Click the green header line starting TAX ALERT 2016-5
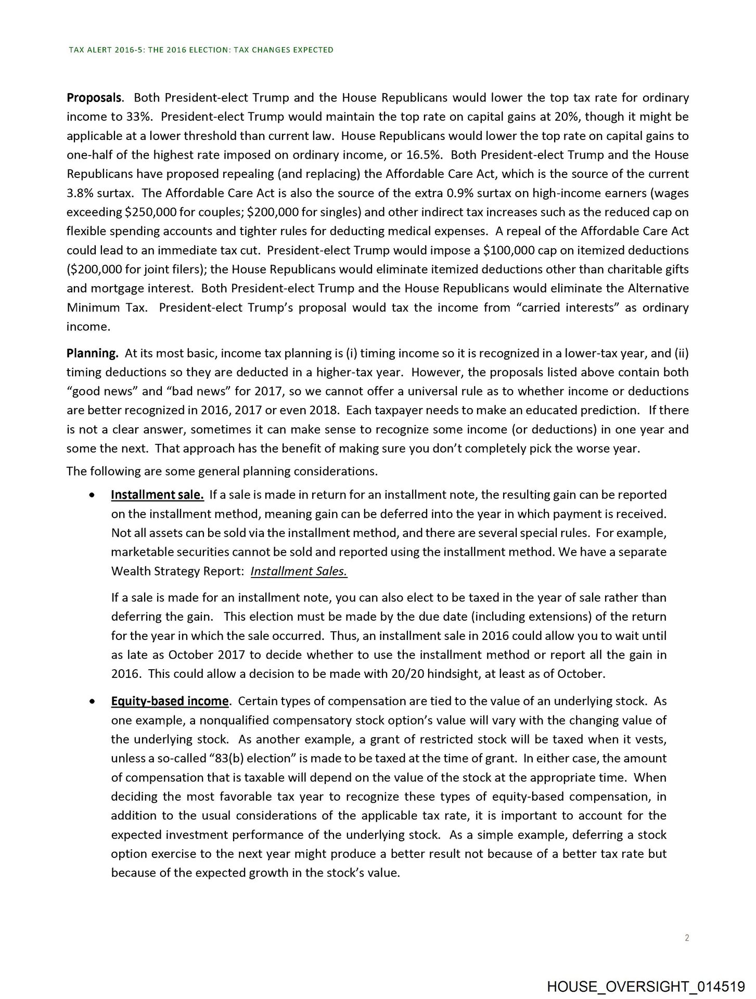tap(201, 50)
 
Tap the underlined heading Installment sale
tap(157, 494)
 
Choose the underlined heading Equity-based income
tap(170, 701)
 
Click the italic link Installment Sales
tap(299, 571)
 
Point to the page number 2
tap(687, 938)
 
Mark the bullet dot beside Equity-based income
tap(92, 701)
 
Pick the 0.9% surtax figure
tap(460, 193)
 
